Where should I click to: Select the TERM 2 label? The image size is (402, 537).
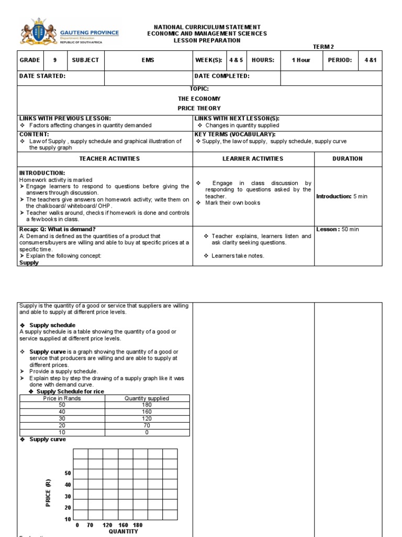323,47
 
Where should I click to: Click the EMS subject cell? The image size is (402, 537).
148,60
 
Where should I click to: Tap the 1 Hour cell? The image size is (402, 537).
301,60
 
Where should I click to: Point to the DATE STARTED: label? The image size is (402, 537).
42,76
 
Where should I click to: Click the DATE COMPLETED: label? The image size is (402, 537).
222,76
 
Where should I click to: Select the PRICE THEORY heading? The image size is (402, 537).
199,108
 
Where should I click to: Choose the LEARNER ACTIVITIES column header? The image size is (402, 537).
253,158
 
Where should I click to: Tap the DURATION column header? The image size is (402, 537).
348,158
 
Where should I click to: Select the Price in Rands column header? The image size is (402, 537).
62,398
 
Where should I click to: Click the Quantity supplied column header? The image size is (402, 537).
147,398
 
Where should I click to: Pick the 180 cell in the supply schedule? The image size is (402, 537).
147,405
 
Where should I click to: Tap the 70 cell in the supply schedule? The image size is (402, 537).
147,425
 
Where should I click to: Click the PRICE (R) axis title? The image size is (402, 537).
48,493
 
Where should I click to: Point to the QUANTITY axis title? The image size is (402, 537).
124,531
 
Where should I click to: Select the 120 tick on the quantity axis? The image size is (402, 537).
107,524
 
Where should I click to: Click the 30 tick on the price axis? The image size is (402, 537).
68,496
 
